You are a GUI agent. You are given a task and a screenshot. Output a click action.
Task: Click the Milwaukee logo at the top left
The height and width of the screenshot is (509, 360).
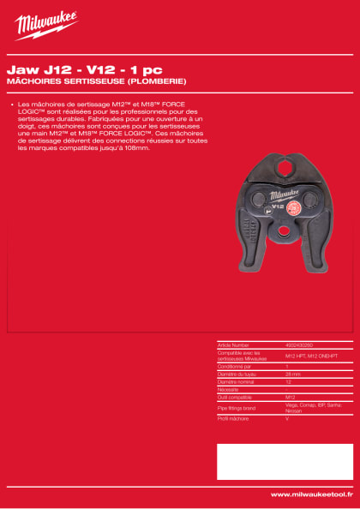[x=45, y=26]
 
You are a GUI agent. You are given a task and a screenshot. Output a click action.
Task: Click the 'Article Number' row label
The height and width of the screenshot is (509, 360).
[x=233, y=344]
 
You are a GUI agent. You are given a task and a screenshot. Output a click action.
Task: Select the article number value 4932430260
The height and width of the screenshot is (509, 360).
[x=297, y=344]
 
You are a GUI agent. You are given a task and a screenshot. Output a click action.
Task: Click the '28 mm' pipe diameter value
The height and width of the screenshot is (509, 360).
[x=291, y=374]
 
